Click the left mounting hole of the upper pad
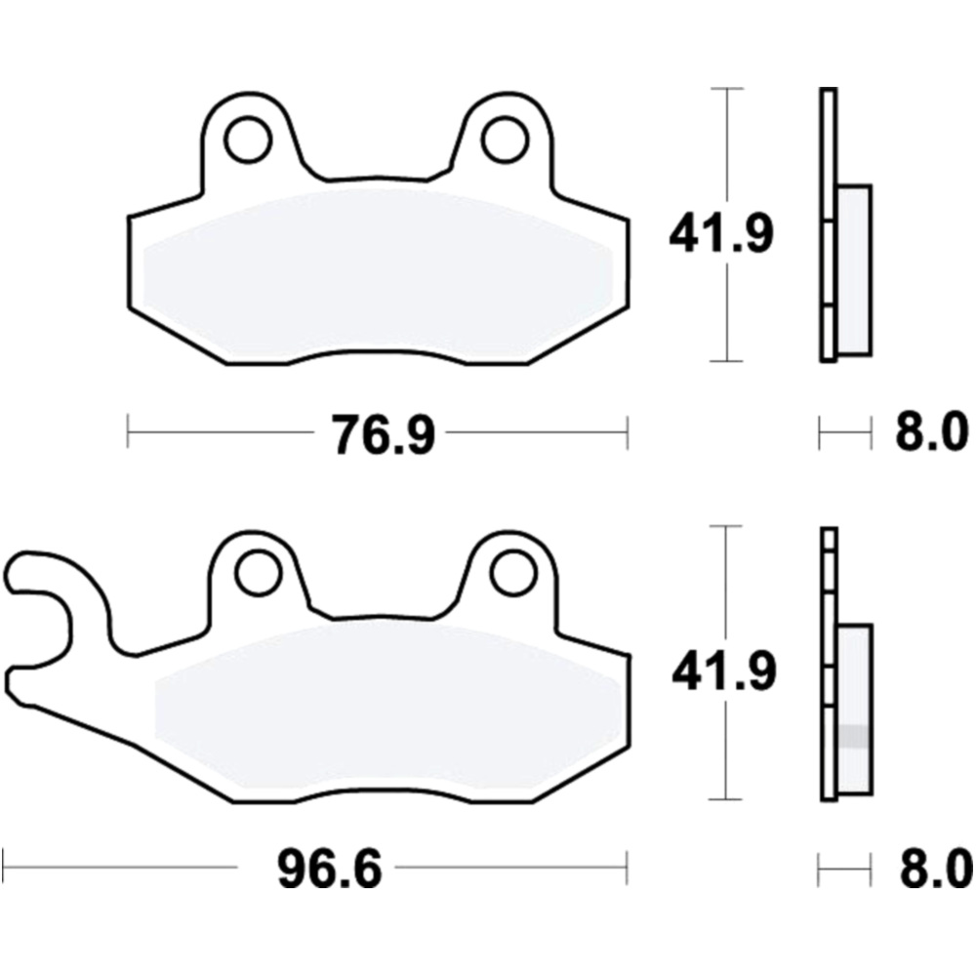[x=247, y=140]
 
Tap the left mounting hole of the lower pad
[x=259, y=573]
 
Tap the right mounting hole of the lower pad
[x=512, y=573]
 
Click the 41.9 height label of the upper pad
[x=720, y=235]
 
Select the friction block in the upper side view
[x=854, y=270]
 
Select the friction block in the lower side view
[x=855, y=708]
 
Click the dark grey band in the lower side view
[x=855, y=736]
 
